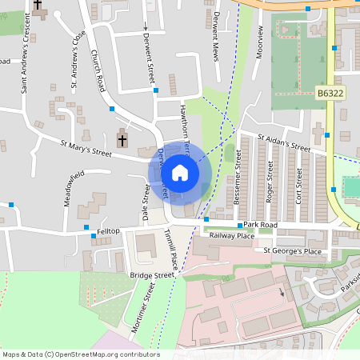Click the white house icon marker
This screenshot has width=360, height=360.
(x=180, y=173)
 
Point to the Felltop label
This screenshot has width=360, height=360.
(x=108, y=231)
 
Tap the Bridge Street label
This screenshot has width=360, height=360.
(x=151, y=275)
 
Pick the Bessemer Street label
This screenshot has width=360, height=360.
(x=238, y=179)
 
